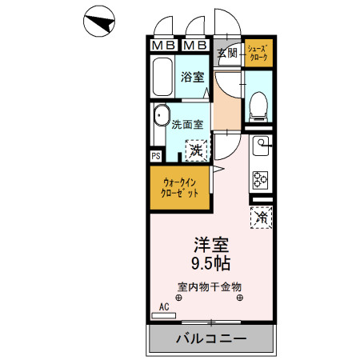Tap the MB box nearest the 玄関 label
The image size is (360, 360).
pos(195,45)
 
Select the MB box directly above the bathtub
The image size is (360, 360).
pos(163,45)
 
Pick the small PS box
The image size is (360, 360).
pos(156,155)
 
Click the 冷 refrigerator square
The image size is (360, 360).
pos(262,216)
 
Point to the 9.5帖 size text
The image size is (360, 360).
pos(211,262)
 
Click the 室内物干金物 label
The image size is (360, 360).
pos(210,286)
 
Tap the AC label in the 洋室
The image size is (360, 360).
pos(164,307)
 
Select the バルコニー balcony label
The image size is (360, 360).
pos(211,339)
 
